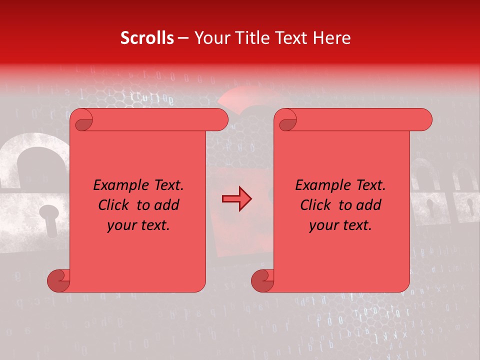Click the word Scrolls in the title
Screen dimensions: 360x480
point(147,38)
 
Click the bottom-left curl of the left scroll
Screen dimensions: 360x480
point(57,280)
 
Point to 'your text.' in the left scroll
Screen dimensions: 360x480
point(138,225)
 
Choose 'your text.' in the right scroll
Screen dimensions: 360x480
point(340,225)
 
